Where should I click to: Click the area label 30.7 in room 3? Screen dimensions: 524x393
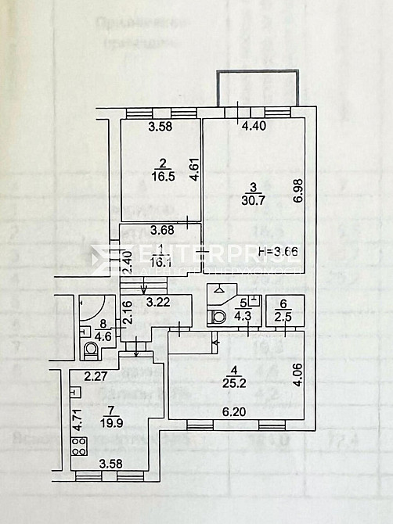(x=253, y=199)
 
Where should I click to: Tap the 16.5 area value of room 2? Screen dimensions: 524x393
(x=163, y=178)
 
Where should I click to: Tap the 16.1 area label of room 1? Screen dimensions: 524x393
(x=160, y=264)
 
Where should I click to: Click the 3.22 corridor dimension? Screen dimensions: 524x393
(x=160, y=300)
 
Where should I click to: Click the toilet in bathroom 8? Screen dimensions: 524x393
(x=92, y=349)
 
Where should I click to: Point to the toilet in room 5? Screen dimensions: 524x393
(x=218, y=315)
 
